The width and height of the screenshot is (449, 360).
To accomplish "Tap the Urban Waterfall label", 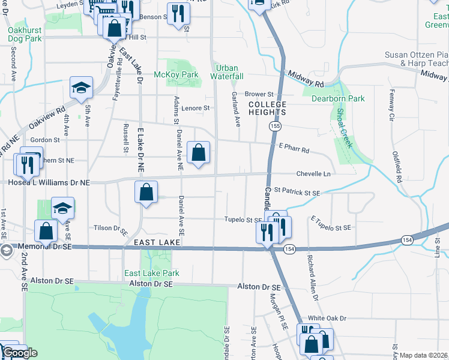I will [x=227, y=72].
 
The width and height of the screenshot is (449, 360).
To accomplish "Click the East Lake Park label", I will [x=151, y=273].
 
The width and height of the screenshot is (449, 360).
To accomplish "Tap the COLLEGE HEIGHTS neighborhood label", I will [x=267, y=109].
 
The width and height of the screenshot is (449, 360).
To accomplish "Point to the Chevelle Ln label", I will [x=313, y=174].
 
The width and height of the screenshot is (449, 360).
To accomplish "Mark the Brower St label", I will [x=259, y=94].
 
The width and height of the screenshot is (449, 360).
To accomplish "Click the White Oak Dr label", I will [x=328, y=318].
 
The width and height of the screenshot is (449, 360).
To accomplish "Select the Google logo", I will [x=19, y=353].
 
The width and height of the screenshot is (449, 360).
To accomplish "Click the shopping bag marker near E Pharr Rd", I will [x=198, y=153].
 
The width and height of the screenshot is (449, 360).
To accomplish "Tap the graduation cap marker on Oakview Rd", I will [x=81, y=88].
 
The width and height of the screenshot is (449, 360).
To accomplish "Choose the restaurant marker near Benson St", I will [x=178, y=14].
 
